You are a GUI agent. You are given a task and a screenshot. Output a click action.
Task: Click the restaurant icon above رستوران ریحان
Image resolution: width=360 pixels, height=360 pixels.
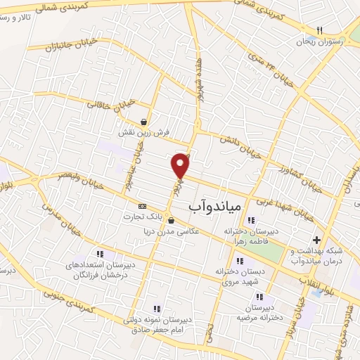tap(319, 31)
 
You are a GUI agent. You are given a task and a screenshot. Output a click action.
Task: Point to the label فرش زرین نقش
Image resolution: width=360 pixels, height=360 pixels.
tap(144, 131)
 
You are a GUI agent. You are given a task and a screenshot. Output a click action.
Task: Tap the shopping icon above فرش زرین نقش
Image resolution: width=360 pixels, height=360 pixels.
tap(144, 121)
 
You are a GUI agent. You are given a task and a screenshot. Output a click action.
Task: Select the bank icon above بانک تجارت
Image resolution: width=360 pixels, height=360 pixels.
tap(143, 206)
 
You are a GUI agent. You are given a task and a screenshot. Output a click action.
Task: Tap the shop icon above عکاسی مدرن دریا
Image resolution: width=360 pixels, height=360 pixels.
tap(171, 220)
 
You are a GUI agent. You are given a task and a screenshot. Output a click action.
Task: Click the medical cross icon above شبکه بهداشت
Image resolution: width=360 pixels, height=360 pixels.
tap(316, 240)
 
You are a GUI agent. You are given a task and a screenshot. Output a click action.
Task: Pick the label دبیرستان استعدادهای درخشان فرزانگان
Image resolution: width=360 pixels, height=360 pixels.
tap(98, 270)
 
